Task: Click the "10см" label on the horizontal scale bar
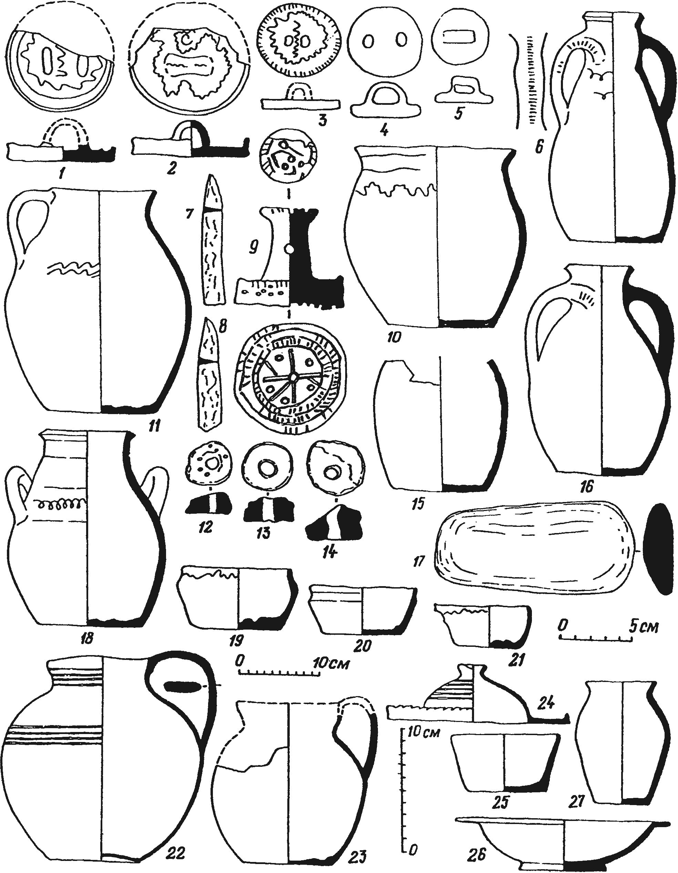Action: point(332,662)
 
